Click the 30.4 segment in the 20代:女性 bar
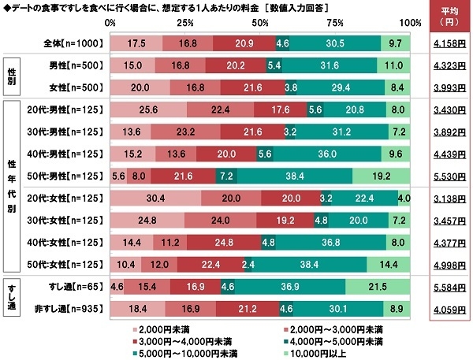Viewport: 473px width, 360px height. coord(155,197)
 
